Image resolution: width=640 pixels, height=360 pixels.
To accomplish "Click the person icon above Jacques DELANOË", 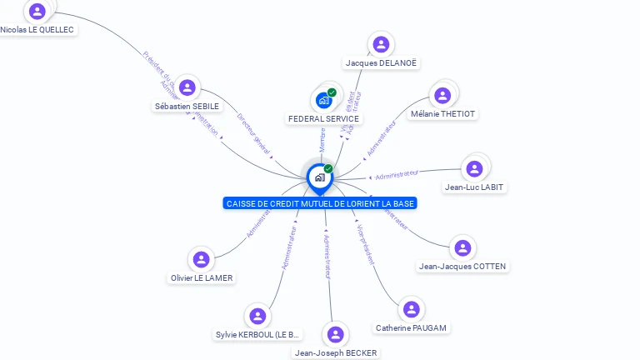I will (381, 44).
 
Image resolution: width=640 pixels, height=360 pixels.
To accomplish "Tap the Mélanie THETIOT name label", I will (442, 114).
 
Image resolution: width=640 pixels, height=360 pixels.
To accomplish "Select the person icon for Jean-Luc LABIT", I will (474, 168).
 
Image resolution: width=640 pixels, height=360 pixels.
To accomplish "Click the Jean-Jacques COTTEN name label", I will (462, 267).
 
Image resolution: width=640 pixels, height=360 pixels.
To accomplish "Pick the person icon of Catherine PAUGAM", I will (411, 309).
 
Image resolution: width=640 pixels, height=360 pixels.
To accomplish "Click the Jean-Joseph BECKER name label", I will (336, 353).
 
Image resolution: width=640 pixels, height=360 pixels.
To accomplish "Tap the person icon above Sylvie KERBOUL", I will (257, 316).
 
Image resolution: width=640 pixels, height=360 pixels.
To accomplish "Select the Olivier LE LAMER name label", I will (202, 278).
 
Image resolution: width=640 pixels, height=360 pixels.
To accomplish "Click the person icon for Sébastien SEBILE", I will (187, 87).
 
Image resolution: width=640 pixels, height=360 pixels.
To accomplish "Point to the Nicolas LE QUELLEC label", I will (37, 30).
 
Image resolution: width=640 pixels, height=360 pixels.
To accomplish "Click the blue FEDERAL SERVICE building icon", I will (323, 101).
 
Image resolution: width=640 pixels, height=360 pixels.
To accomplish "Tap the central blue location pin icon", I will (319, 177).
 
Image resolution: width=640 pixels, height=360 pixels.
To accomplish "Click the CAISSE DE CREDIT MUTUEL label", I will (320, 203).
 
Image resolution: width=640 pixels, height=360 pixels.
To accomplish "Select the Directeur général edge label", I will (253, 132).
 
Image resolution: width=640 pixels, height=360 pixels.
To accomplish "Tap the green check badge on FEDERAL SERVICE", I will (332, 92).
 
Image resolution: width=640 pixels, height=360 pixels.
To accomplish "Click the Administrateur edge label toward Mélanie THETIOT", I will (381, 138).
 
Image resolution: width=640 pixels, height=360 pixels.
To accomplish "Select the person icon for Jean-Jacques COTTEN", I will (462, 247).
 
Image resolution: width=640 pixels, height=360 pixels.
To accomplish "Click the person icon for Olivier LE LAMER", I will (201, 259).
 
